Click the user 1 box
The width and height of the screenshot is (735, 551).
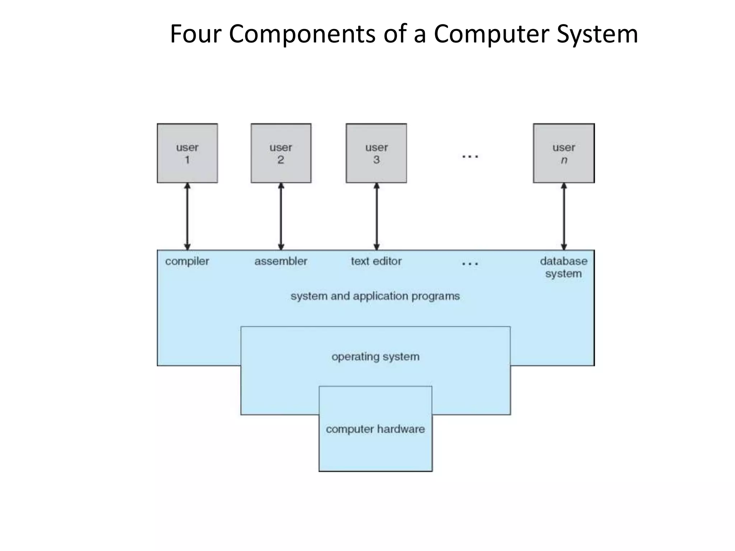coord(187,153)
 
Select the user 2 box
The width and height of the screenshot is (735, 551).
coord(281,153)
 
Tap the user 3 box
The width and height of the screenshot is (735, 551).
coord(376,153)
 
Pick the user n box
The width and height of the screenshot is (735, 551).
coord(563,153)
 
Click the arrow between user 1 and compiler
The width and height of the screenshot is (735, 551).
coord(187,216)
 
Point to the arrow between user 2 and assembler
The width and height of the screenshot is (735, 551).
coord(281,216)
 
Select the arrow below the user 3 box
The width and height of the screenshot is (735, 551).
coord(376,216)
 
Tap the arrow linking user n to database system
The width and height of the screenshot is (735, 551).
coord(564,216)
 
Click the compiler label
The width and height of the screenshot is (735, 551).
coord(187,262)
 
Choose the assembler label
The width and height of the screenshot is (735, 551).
coord(281,261)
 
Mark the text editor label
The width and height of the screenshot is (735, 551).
coord(376,261)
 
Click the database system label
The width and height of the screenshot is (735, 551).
coord(563,267)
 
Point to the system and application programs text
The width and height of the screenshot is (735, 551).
coord(375,296)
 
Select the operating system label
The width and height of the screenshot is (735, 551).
coord(375,357)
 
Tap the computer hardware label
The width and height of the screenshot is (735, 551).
coord(375,429)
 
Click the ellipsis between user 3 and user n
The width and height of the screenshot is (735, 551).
coord(470,156)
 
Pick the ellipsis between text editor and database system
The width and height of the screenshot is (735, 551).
coord(470,264)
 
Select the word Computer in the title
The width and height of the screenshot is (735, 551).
coord(491,34)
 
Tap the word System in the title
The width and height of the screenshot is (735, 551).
coord(597,34)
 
